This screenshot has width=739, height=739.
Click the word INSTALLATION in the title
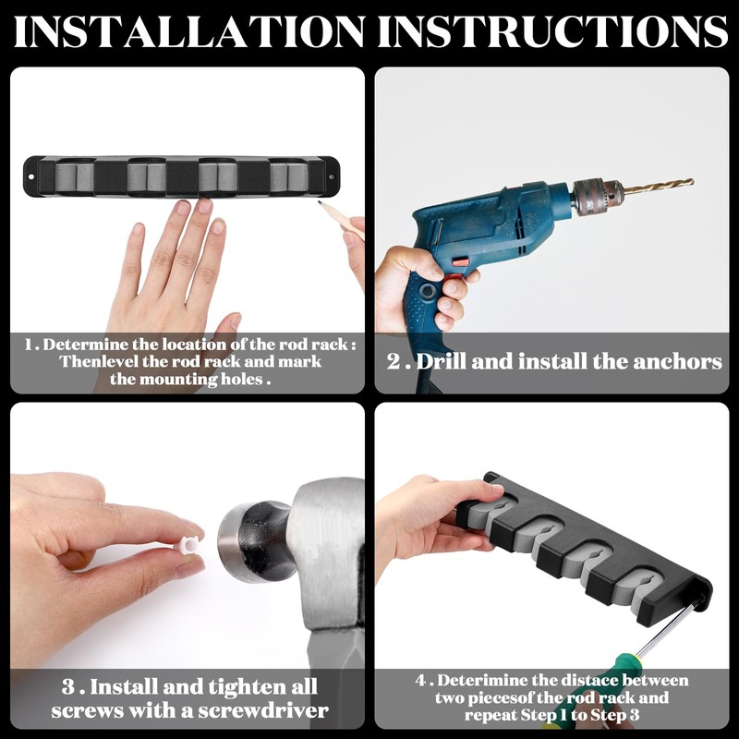click(x=189, y=31)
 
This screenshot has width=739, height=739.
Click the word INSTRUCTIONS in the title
click(x=553, y=31)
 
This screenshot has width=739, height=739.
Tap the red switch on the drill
click(x=460, y=261)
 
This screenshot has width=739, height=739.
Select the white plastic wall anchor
click(x=189, y=545)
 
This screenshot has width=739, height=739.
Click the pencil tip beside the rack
click(x=320, y=202)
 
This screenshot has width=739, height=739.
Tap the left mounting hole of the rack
click(x=31, y=177)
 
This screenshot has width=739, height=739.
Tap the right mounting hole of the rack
click(x=332, y=177)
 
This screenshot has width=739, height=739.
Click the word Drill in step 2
click(x=441, y=361)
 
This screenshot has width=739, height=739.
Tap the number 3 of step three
click(x=68, y=686)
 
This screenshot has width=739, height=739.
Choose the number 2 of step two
click(x=394, y=361)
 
